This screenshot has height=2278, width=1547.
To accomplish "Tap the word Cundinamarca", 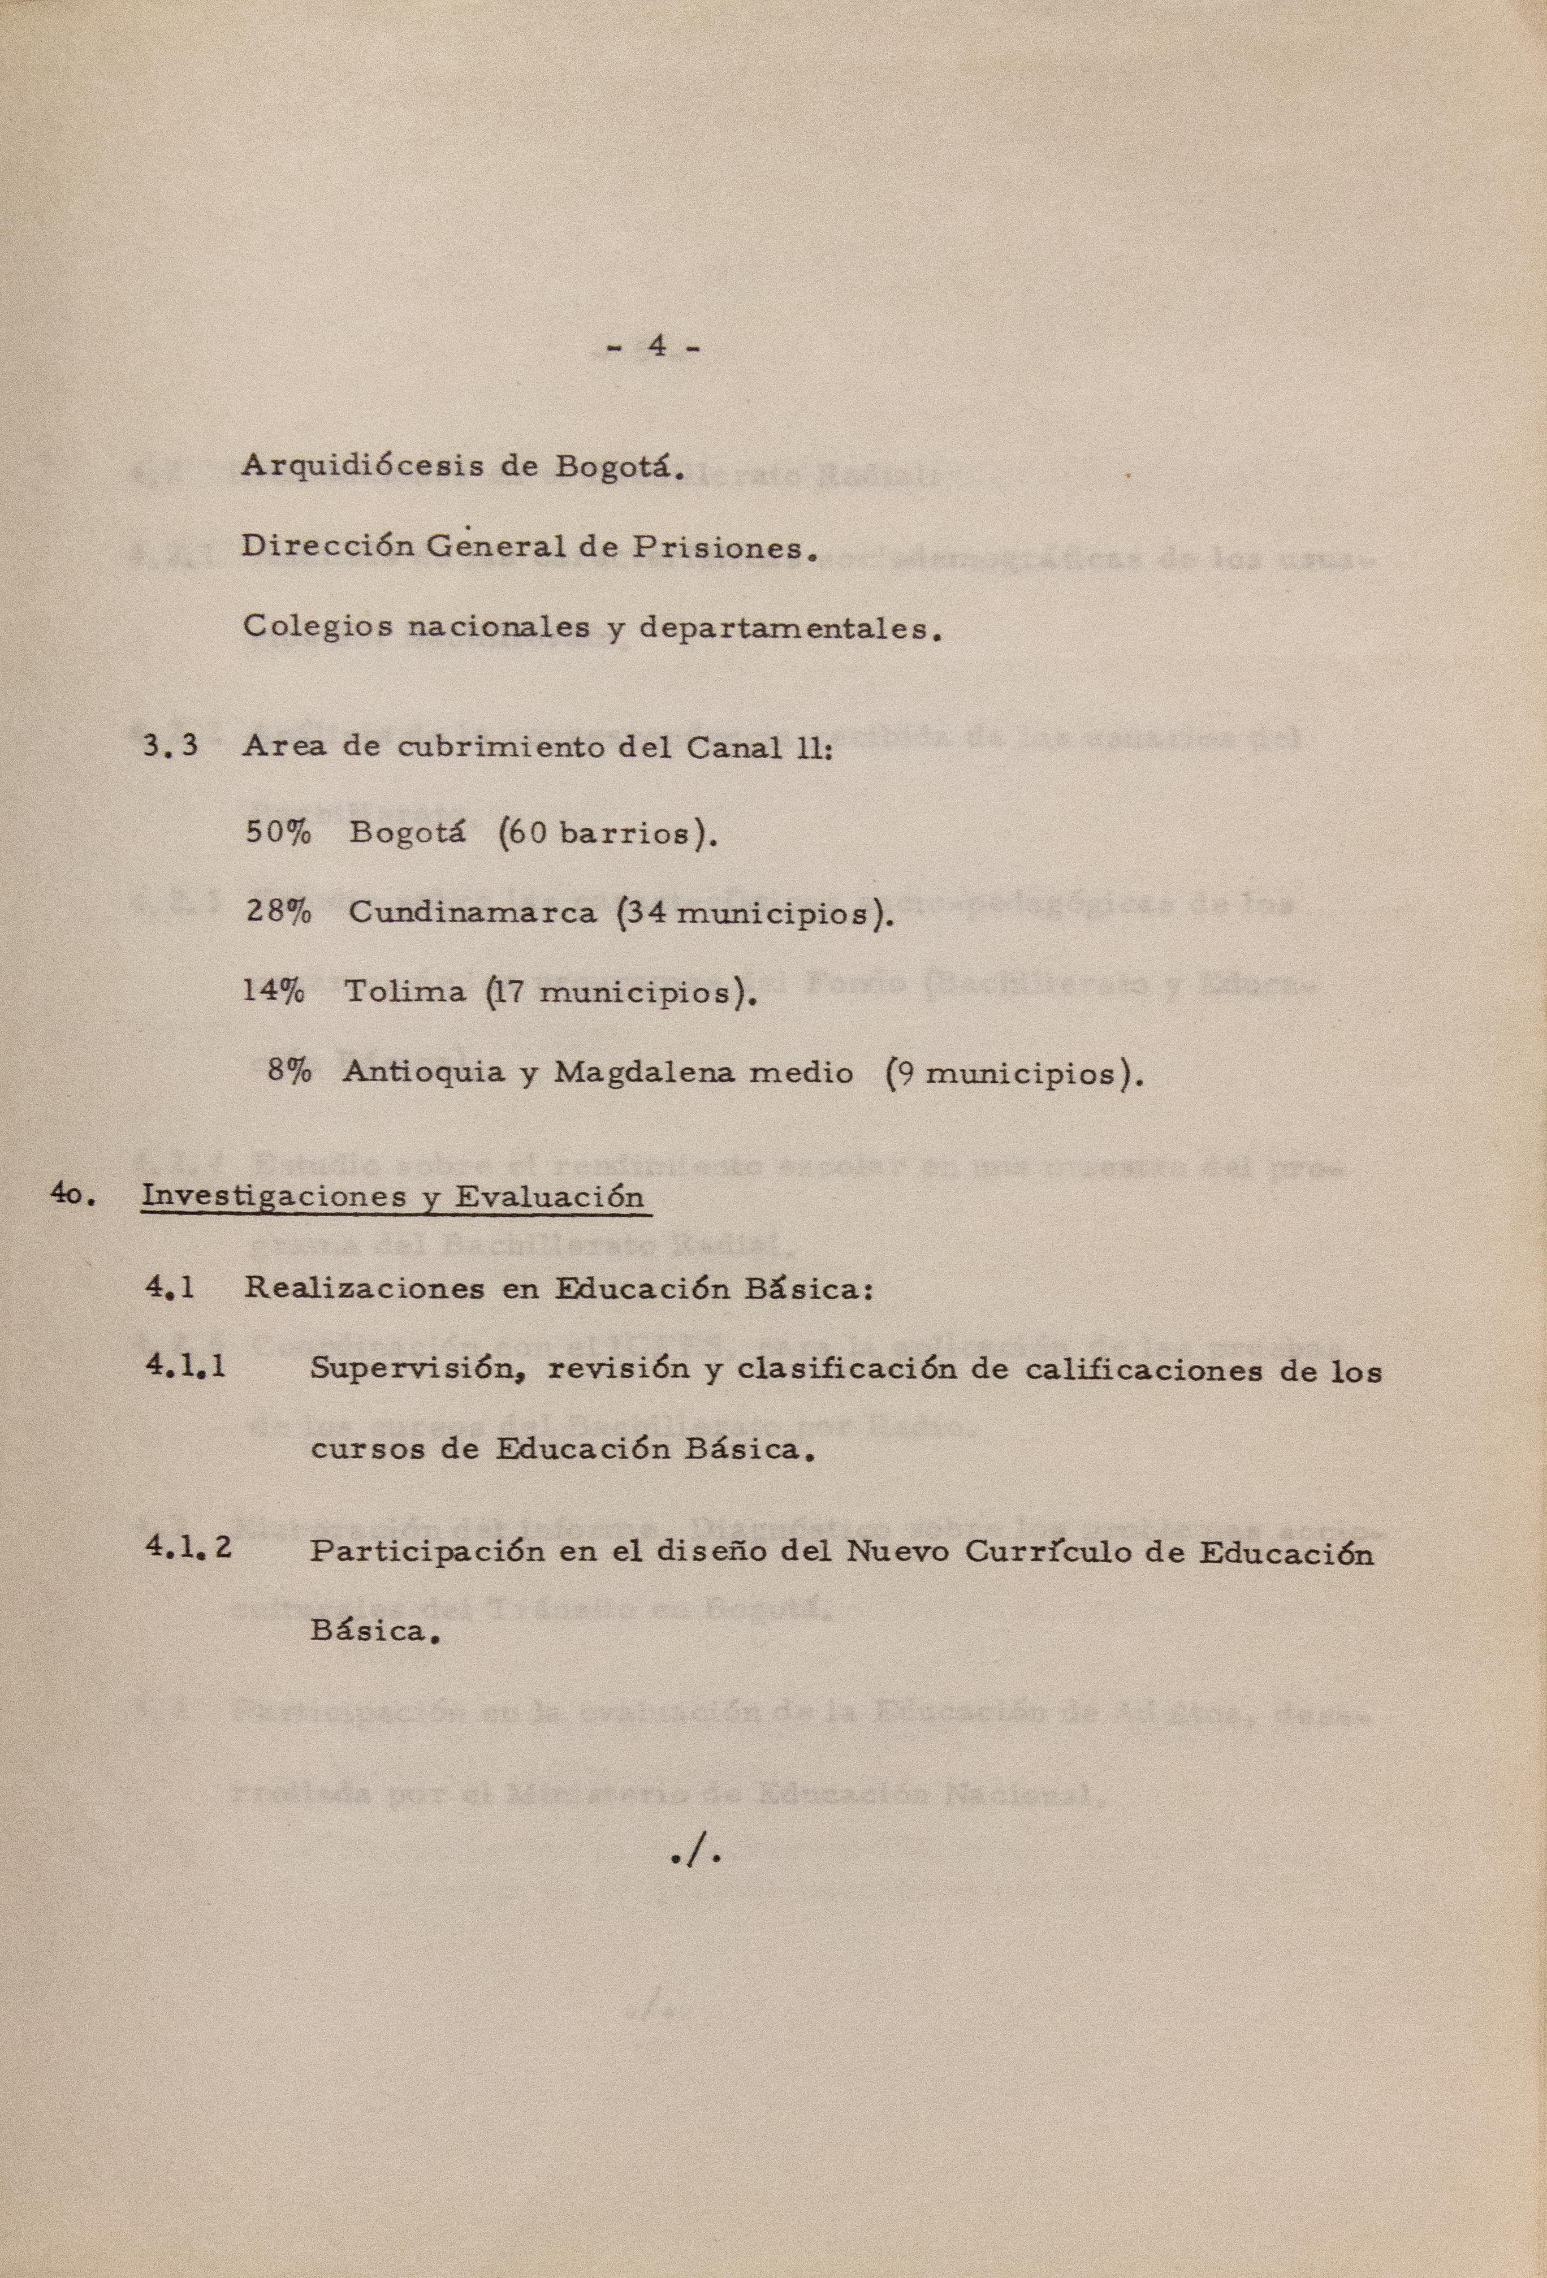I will [x=473, y=914].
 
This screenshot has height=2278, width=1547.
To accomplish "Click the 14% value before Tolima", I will [x=274, y=993].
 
